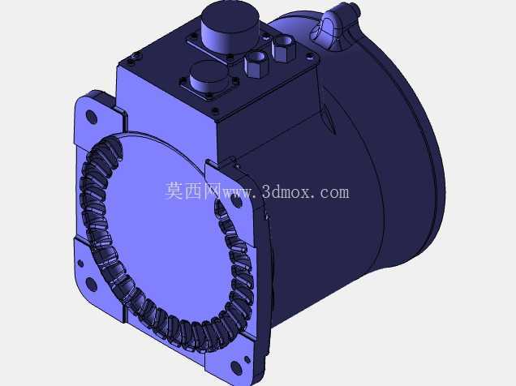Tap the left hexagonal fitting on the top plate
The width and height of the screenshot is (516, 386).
256,63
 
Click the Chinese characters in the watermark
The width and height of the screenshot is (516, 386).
193,191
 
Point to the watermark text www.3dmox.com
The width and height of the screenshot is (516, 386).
286,192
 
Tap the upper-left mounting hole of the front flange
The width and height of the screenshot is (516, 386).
92,117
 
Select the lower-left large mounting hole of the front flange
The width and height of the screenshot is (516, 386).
91,284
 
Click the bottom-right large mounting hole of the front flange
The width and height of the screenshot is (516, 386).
236,367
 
